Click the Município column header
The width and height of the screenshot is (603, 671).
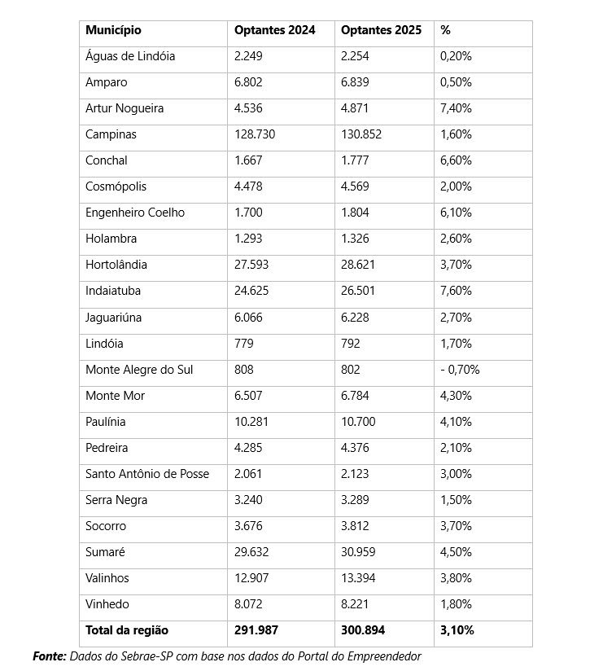(113, 30)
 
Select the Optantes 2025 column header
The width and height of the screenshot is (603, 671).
(381, 30)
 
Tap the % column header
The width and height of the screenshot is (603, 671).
(445, 30)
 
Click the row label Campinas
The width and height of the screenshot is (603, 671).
(111, 134)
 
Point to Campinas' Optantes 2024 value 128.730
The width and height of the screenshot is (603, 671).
(255, 134)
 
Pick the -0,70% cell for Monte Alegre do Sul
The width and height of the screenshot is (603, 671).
(460, 370)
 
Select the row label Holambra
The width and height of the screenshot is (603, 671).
(111, 239)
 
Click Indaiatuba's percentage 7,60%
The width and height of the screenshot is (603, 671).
(456, 291)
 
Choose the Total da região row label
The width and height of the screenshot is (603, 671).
(127, 630)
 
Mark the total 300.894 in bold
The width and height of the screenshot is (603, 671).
(363, 630)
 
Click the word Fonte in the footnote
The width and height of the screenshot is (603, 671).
(49, 656)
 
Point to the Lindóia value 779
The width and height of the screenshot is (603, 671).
(243, 344)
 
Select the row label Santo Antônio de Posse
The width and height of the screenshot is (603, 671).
(147, 474)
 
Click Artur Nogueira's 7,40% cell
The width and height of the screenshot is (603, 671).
(456, 108)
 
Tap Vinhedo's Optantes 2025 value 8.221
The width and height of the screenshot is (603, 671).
(355, 604)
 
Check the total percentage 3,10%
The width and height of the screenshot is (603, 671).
(457, 630)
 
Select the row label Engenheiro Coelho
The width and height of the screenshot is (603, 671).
(135, 213)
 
